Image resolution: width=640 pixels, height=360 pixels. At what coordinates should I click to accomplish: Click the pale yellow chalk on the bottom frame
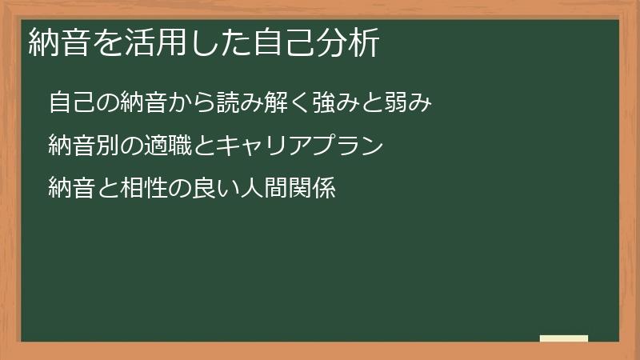coord(563,338)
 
